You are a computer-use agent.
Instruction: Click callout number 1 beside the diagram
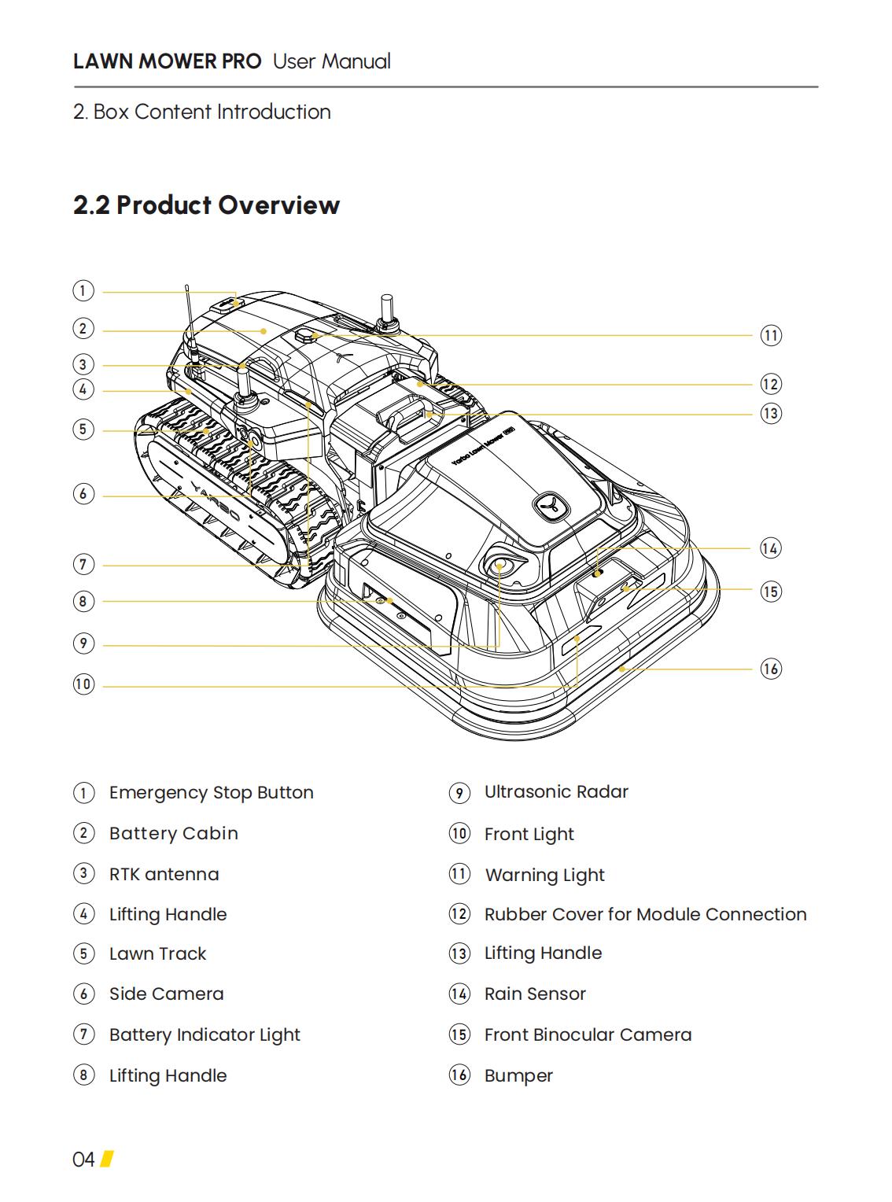click(x=83, y=291)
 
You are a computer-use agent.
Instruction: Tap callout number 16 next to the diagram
click(x=771, y=669)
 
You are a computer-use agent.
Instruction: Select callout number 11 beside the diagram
click(x=771, y=336)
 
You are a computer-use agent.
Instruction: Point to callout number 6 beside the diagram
click(x=83, y=494)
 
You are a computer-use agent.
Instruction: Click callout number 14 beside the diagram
click(x=771, y=548)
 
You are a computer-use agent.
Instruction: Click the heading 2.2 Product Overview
click(x=206, y=205)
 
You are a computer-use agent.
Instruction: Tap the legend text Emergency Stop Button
click(x=211, y=792)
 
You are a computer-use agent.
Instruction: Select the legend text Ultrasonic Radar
click(x=556, y=791)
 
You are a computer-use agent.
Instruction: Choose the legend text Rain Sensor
click(x=535, y=994)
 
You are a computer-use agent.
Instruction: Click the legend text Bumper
click(x=518, y=1075)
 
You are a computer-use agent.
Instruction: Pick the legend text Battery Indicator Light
click(x=205, y=1034)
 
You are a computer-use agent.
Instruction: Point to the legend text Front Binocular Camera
click(x=588, y=1034)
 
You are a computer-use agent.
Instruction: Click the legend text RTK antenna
click(x=164, y=874)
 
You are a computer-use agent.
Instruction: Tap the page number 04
click(x=83, y=1160)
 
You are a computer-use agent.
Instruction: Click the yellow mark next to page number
click(x=107, y=1159)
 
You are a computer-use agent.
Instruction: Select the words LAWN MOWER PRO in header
click(x=167, y=61)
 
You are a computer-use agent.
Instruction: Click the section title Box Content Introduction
click(x=212, y=112)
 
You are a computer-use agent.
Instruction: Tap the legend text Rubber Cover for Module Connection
click(x=645, y=914)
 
